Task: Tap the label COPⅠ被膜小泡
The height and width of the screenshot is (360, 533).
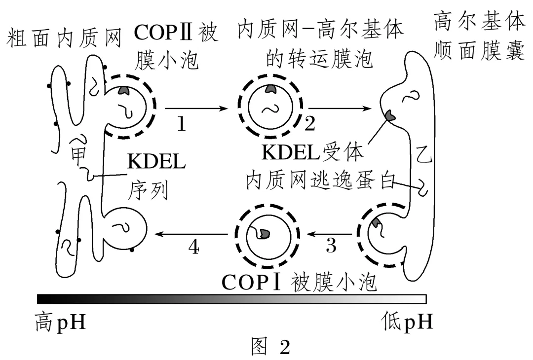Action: click(x=299, y=282)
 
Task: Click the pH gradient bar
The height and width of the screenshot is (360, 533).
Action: click(x=231, y=298)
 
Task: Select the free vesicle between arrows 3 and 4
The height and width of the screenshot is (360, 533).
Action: click(x=266, y=232)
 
